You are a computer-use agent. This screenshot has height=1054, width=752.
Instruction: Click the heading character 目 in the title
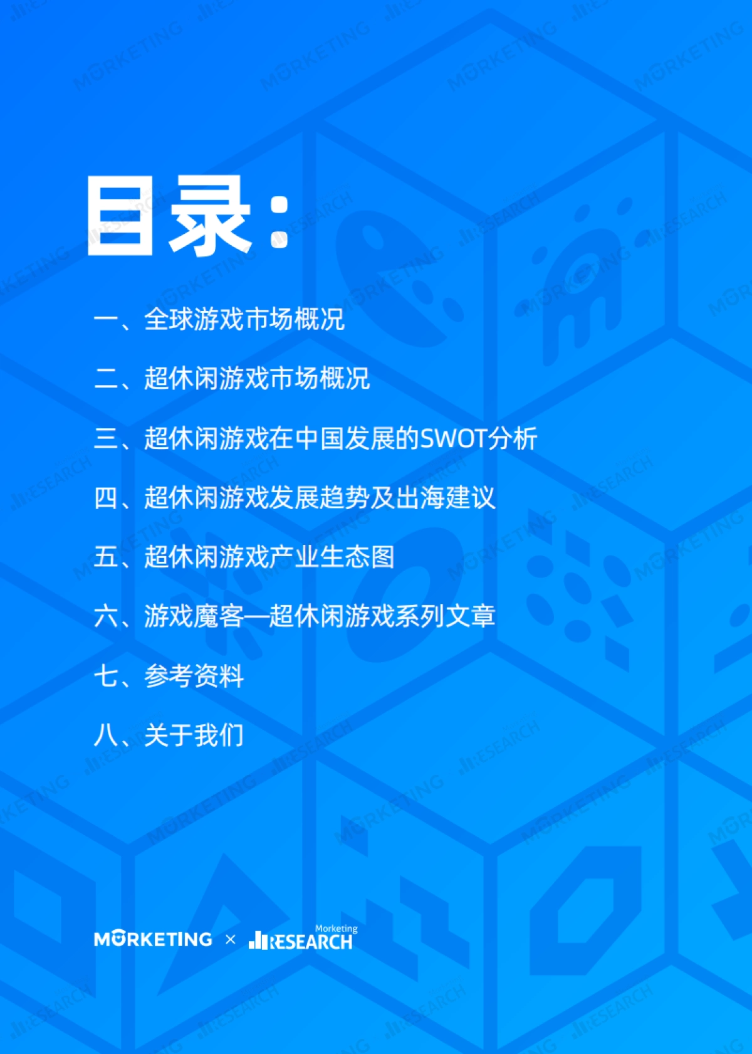click(120, 216)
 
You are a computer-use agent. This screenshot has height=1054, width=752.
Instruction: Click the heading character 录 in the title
click(210, 216)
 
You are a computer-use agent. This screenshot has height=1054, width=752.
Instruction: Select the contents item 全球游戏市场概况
click(244, 319)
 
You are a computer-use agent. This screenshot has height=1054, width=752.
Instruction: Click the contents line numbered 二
click(232, 379)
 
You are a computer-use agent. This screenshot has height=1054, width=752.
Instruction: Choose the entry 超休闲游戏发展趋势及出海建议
click(320, 498)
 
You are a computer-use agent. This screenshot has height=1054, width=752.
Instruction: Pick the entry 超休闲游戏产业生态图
click(269, 557)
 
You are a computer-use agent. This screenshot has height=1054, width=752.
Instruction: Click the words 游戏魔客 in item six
click(194, 616)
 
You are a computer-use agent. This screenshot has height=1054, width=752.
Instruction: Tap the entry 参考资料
click(194, 676)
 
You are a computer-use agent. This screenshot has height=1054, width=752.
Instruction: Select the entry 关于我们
click(194, 735)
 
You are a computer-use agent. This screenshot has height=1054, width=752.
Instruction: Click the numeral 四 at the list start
click(106, 498)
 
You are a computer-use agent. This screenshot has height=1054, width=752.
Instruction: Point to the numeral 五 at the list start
click(106, 557)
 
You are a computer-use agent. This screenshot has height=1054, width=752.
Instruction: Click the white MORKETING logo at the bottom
click(153, 939)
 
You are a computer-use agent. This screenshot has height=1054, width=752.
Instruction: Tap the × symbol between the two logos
click(231, 939)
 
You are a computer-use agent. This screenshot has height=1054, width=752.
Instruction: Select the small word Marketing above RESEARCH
click(336, 929)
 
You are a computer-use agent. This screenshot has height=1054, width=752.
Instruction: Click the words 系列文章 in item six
click(446, 616)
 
